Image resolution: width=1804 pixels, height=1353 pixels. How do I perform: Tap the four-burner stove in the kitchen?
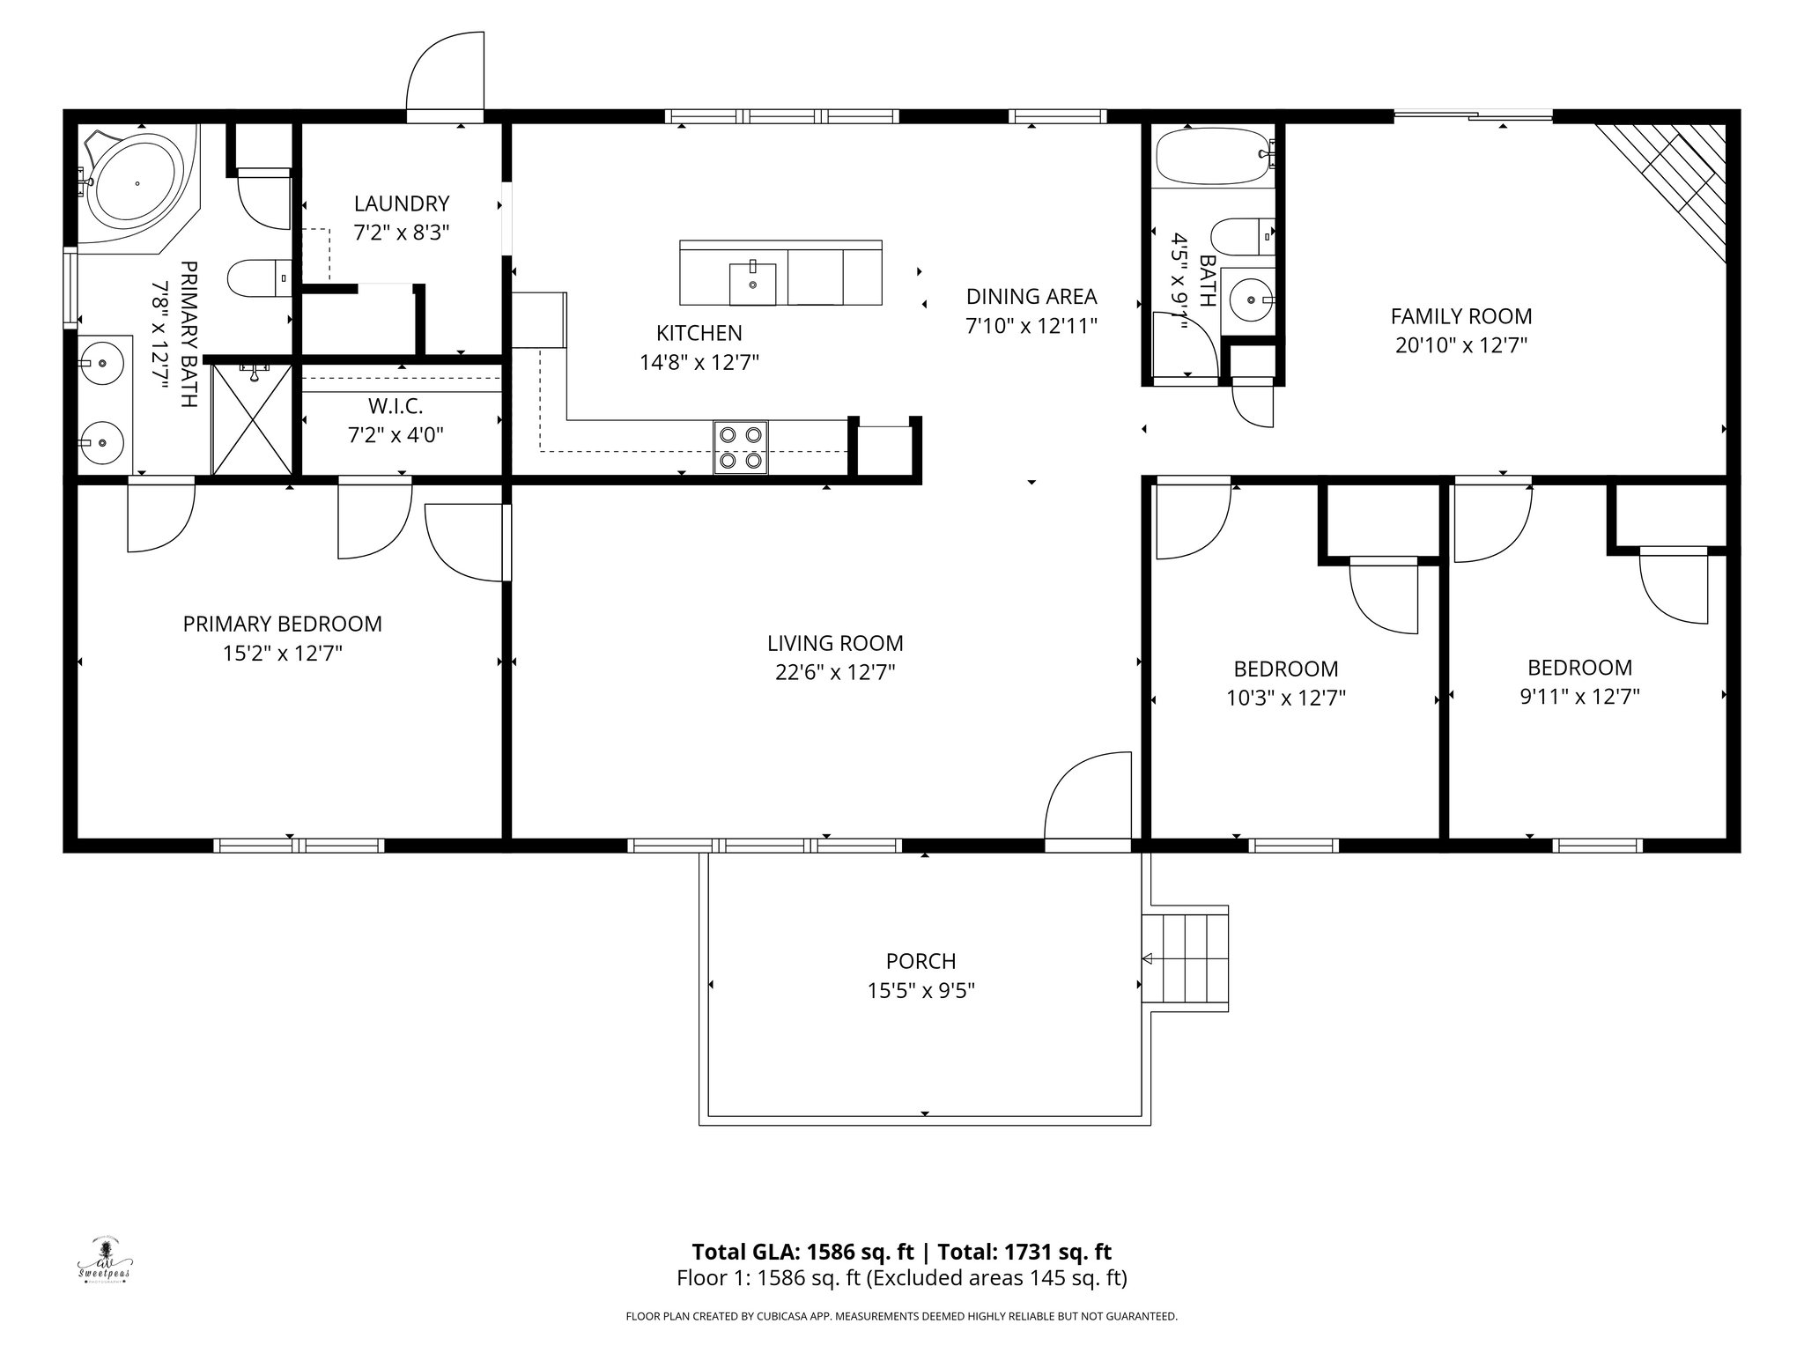pos(740,447)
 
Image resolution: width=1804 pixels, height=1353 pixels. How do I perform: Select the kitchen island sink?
pos(752,283)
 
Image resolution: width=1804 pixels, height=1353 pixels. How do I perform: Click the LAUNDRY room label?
pos(402,203)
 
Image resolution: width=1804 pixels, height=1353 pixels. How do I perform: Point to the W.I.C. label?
pos(396,406)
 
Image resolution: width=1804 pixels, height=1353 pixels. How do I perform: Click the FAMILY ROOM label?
pos(1461,316)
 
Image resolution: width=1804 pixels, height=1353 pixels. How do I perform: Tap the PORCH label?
pos(921,961)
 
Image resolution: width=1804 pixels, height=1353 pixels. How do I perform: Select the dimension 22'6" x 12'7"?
pos(835,673)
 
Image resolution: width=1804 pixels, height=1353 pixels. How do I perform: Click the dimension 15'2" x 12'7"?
pos(283,654)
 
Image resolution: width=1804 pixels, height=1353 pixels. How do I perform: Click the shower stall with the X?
pos(252,420)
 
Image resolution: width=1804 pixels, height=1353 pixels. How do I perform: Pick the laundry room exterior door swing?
pos(445,71)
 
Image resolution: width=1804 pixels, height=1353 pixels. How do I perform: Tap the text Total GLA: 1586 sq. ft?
pos(802,1252)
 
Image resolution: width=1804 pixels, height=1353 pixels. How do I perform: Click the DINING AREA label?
pos(1031,296)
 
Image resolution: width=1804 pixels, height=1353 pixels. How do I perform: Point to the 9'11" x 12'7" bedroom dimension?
pos(1579,697)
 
